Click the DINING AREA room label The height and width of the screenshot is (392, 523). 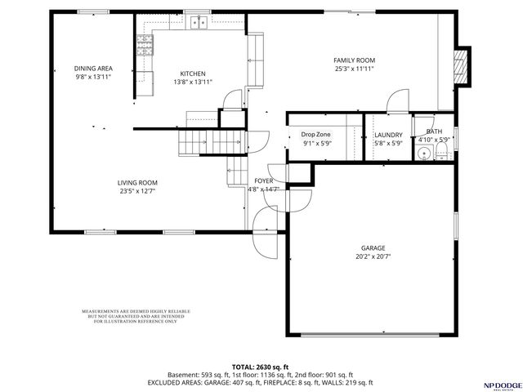(x=92, y=68)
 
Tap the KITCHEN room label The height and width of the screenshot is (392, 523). (x=193, y=73)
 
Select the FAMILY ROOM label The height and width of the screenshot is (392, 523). (x=354, y=60)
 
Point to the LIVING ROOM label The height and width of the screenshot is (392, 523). (x=136, y=182)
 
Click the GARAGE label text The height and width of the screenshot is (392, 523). (x=373, y=247)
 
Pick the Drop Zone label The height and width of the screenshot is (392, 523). (x=316, y=135)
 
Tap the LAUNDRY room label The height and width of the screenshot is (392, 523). (x=388, y=135)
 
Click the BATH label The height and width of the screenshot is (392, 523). (x=434, y=131)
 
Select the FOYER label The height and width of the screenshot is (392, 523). (x=263, y=180)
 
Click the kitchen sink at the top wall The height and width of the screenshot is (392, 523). (x=198, y=24)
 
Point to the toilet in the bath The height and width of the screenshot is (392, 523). (x=424, y=153)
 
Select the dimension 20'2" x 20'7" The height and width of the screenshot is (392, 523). (x=373, y=256)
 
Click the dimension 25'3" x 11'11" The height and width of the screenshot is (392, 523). (x=354, y=69)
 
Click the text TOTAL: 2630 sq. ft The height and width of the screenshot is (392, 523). (x=261, y=367)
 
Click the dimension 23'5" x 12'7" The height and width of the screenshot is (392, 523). (x=136, y=191)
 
